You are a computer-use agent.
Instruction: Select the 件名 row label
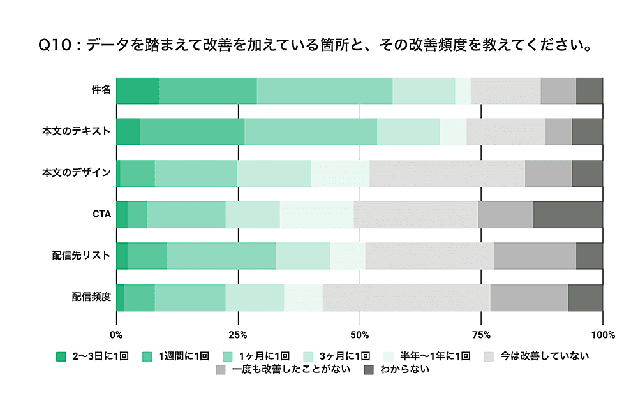(101, 90)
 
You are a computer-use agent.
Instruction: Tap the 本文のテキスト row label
(77, 131)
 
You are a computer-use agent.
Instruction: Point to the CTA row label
(102, 214)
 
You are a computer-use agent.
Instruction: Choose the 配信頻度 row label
(91, 297)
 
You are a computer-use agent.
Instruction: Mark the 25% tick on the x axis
(238, 335)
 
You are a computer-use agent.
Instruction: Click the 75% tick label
(482, 335)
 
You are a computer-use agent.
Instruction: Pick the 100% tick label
(603, 335)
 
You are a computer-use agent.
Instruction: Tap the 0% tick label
(116, 335)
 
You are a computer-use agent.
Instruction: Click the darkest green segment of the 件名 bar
(137, 91)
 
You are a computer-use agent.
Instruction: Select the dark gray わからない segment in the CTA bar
(568, 214)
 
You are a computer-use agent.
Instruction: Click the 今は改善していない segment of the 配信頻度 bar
(406, 297)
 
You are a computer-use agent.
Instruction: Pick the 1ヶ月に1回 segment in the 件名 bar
(324, 91)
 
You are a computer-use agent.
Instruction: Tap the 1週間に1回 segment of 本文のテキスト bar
(192, 131)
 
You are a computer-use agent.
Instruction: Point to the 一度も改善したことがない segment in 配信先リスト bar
(535, 256)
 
